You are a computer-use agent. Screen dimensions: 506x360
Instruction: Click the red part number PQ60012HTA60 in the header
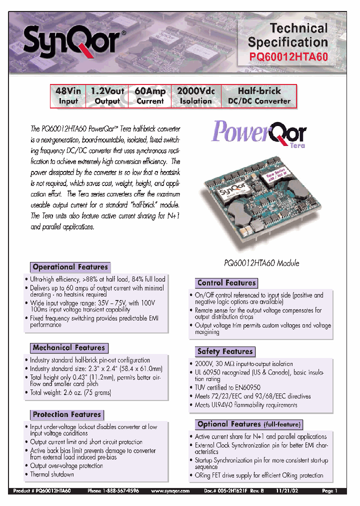[288, 57]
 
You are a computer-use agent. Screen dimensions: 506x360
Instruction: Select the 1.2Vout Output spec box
[107, 96]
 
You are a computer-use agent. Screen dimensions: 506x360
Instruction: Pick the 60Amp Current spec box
[150, 96]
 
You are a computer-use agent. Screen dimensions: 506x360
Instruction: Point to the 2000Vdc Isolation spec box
[196, 96]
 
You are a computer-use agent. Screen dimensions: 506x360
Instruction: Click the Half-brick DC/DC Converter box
[259, 96]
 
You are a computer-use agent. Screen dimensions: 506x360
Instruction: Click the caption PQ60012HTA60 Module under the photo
[261, 263]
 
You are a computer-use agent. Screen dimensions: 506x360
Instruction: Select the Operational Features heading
[70, 267]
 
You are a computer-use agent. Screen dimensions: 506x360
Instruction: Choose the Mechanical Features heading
[68, 347]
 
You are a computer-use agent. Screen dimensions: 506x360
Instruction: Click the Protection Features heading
[66, 414]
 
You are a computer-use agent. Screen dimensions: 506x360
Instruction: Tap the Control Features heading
[226, 282]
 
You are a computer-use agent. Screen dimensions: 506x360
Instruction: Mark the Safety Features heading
[224, 351]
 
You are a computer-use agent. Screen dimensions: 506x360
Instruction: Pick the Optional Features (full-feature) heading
[249, 424]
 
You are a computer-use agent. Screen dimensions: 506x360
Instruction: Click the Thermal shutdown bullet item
[51, 474]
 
